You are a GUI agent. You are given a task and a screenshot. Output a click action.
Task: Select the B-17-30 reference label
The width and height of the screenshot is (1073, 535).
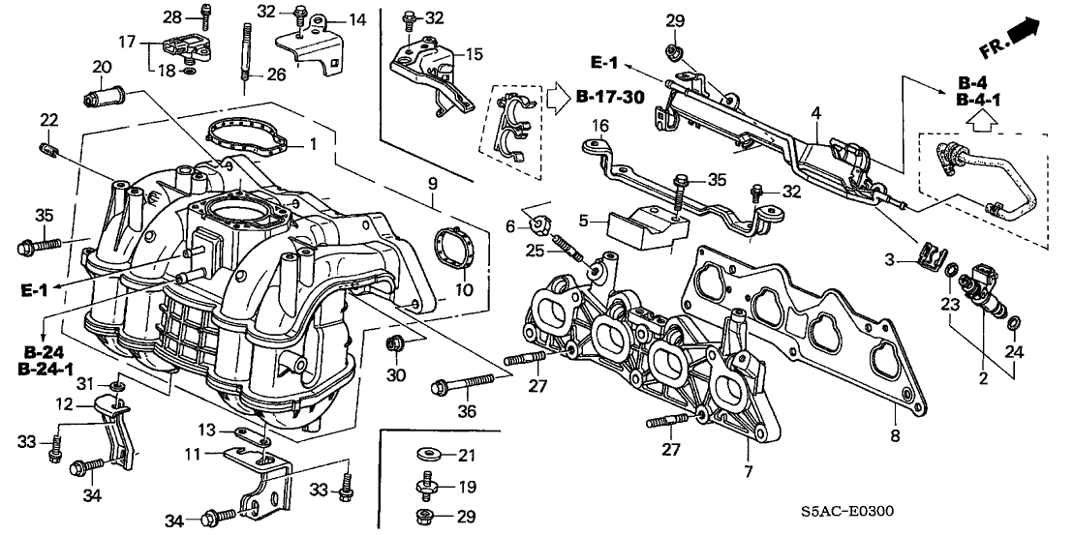(x=609, y=96)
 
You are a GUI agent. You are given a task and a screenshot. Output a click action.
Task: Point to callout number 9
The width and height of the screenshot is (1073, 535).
(x=433, y=182)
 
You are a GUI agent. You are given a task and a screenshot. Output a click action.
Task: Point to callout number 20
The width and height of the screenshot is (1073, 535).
(x=101, y=67)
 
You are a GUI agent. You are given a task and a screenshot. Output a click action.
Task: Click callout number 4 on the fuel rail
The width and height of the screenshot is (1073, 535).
(x=816, y=114)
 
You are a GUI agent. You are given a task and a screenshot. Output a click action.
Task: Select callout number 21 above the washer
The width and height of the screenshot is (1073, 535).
(x=466, y=455)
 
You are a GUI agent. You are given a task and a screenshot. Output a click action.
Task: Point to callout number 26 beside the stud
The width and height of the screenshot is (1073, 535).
(x=277, y=74)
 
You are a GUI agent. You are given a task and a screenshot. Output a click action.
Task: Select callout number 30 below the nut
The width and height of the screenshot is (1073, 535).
(x=395, y=374)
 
